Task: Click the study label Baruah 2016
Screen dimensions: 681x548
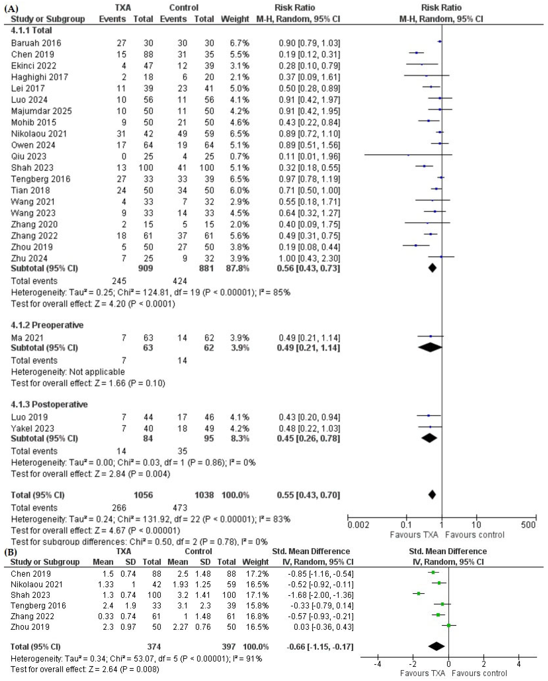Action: tap(36, 43)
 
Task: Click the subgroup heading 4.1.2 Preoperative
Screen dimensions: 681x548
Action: tap(47, 325)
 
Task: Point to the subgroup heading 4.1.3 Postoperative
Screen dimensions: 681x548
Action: tap(49, 404)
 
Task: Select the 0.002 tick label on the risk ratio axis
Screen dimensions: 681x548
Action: tap(358, 525)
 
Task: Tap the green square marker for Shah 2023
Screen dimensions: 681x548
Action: tap(419, 594)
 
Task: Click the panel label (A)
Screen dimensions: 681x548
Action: tap(11, 8)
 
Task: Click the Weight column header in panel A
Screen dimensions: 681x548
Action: tap(235, 19)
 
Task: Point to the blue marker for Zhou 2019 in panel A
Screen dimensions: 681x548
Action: tap(416, 245)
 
